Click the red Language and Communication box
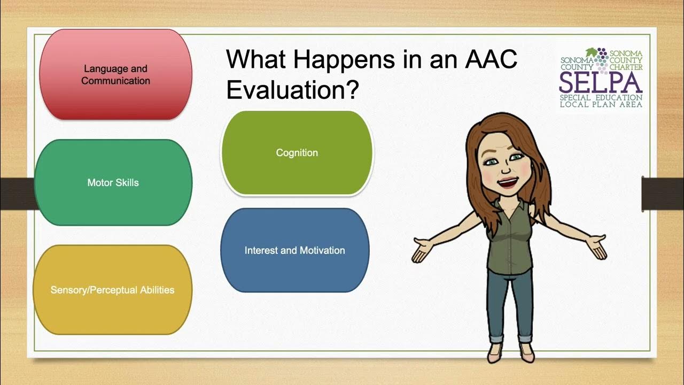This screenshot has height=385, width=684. point(115,74)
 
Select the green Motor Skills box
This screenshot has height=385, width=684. point(113,182)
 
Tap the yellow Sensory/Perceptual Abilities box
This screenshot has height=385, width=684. point(112,290)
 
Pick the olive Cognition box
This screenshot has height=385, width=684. point(297,153)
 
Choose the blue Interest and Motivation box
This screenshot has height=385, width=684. point(294,250)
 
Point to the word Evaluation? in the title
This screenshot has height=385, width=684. point(292,89)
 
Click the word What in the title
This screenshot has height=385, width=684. point(256,59)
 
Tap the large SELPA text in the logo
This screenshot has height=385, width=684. point(601,82)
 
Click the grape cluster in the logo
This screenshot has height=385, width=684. point(602,58)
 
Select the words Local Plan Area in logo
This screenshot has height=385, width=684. point(601,104)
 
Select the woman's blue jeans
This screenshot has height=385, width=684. point(510,305)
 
